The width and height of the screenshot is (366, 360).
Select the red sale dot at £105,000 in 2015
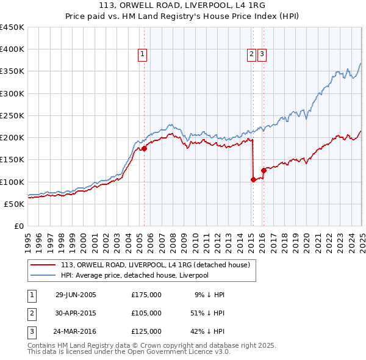tap(253, 179)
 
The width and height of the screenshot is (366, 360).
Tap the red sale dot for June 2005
tap(144, 148)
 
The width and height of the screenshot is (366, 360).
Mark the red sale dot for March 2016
tap(264, 170)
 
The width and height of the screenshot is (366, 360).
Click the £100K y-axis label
tap(12, 182)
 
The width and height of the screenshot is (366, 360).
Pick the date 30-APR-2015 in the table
tap(76, 313)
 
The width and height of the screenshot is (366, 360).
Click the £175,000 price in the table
tap(146, 295)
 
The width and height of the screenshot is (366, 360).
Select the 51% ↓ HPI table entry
tap(207, 313)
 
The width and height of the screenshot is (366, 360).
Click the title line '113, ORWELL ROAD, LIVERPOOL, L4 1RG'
tap(183, 8)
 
